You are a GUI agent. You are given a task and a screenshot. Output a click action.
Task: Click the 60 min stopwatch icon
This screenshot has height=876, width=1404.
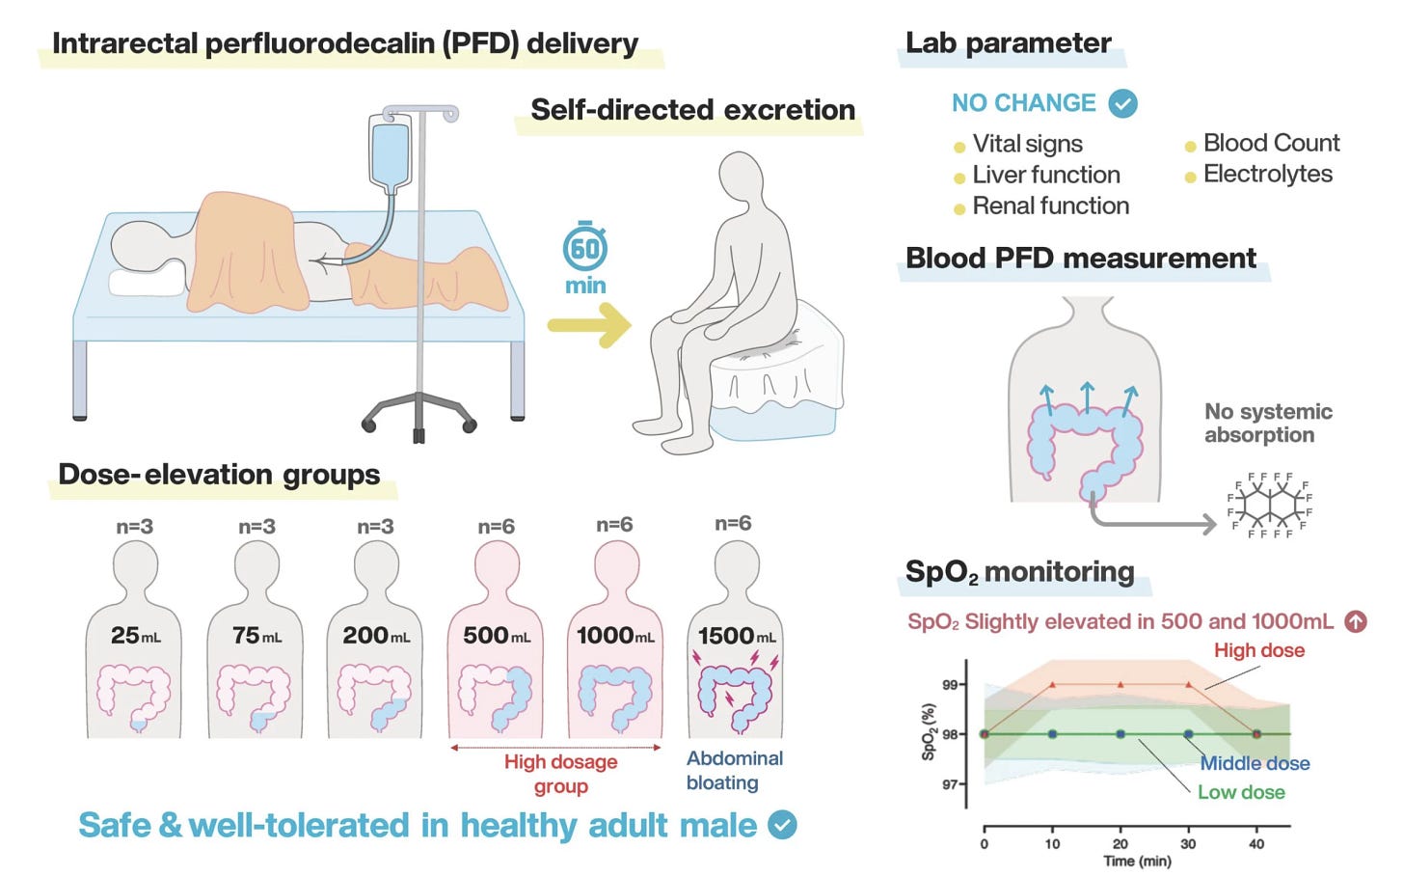[x=585, y=248]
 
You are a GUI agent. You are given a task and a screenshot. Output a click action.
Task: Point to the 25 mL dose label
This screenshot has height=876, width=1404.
[x=135, y=636]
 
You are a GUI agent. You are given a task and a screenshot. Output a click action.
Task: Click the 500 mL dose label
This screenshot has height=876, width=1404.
[x=497, y=636]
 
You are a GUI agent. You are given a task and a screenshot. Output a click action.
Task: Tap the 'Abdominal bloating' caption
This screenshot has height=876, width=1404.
[x=734, y=770]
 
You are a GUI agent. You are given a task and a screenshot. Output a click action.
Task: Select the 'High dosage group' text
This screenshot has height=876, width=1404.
[x=560, y=774]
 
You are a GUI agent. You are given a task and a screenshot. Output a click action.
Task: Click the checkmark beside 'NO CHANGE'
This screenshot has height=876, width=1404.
[x=1122, y=103]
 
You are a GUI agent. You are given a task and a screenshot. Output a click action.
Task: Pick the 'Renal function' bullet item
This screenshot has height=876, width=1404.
[x=1050, y=205]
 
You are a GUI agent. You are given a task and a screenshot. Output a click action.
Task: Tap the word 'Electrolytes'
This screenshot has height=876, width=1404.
[x=1267, y=174]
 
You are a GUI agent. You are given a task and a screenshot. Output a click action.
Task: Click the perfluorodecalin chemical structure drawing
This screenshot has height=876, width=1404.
[x=1271, y=505]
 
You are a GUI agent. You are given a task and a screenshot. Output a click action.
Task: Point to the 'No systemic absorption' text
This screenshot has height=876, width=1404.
[x=1267, y=423]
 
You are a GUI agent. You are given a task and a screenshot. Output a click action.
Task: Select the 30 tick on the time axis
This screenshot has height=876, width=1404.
[x=1188, y=843]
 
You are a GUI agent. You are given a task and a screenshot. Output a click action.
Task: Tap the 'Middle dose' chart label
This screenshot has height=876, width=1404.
[x=1255, y=763]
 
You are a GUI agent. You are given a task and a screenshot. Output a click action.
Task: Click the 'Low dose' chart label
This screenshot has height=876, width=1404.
[x=1241, y=792]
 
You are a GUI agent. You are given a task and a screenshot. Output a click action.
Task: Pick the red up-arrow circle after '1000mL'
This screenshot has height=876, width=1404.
[x=1356, y=621]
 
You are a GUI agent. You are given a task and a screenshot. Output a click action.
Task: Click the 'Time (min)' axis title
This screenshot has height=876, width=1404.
[x=1137, y=861]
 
